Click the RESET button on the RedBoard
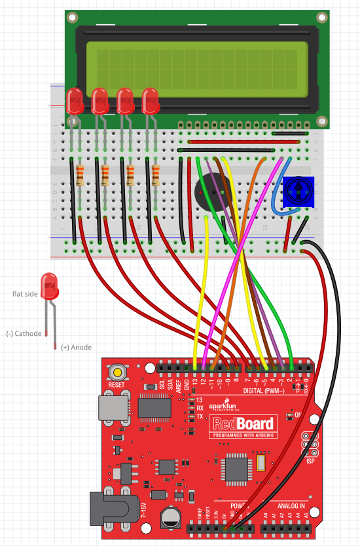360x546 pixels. [117, 373]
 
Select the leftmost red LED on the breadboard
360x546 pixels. [75, 101]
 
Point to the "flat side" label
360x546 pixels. [26, 294]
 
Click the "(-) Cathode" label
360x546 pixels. [24, 334]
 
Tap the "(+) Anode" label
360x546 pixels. [76, 347]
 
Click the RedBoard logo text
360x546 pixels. [242, 424]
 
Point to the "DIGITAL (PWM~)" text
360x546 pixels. [265, 390]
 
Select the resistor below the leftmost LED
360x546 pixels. [80, 175]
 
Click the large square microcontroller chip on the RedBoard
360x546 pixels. [236, 467]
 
